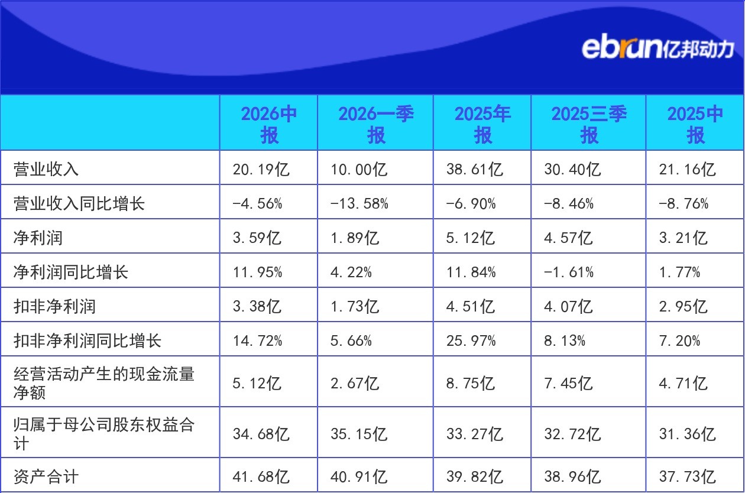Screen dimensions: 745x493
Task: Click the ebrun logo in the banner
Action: [x=657, y=48]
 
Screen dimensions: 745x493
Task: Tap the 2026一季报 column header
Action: [x=376, y=124]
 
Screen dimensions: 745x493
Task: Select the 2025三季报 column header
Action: [x=589, y=124]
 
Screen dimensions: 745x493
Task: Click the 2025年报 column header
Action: [x=482, y=124]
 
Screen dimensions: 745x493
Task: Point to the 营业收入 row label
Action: [x=46, y=169]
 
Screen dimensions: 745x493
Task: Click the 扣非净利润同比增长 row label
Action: [x=88, y=340]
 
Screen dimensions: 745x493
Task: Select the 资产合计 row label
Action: [x=46, y=476]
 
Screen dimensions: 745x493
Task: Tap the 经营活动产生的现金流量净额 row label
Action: [x=104, y=383]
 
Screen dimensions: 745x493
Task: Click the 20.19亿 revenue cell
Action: [x=261, y=169]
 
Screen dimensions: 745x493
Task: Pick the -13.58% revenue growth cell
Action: [x=359, y=203]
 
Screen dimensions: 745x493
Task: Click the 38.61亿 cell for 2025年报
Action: [x=475, y=169]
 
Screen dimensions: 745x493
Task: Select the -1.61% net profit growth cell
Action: [x=569, y=273]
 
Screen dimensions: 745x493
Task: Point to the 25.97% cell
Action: [x=471, y=340]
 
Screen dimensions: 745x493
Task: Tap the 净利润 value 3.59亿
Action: [x=257, y=238]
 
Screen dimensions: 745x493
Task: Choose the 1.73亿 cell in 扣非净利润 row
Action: [x=355, y=306]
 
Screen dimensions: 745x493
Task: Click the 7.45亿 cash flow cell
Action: [x=568, y=383]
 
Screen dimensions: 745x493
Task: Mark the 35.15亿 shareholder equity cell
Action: [x=359, y=434]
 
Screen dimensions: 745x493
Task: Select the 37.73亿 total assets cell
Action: [x=688, y=476]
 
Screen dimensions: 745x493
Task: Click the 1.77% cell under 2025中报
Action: [x=680, y=273]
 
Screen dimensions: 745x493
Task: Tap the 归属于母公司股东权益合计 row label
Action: [x=104, y=434]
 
